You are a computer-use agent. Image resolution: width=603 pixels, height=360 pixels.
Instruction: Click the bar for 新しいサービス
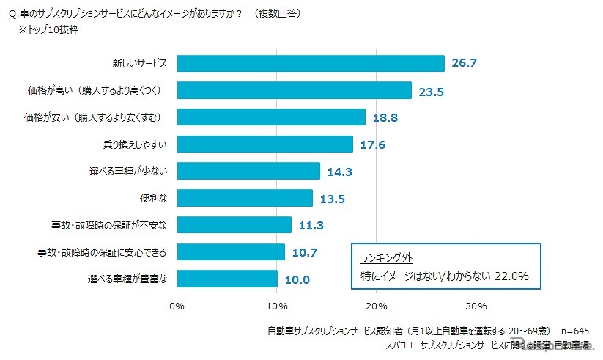[x=311, y=64]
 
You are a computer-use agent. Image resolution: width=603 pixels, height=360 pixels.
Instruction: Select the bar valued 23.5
[x=295, y=90]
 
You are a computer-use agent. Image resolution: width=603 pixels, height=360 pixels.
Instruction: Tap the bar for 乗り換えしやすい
[x=265, y=144]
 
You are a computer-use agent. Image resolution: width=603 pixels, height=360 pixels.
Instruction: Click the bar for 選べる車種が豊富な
[x=227, y=279]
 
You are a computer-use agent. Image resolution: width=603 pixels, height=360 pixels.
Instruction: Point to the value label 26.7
[x=465, y=64]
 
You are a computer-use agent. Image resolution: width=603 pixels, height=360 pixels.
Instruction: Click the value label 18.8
[x=385, y=117]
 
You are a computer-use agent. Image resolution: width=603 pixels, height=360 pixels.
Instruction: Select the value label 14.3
[x=341, y=172]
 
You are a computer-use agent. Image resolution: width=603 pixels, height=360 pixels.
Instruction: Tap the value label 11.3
[x=311, y=225]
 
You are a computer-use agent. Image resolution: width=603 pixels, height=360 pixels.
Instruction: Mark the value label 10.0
[x=298, y=279]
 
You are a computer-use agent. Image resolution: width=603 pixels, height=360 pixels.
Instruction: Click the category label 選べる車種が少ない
[x=128, y=172]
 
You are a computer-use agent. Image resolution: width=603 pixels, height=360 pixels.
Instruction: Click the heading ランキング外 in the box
[x=387, y=257]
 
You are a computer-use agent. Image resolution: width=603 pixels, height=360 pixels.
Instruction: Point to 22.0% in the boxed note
[x=511, y=276]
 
